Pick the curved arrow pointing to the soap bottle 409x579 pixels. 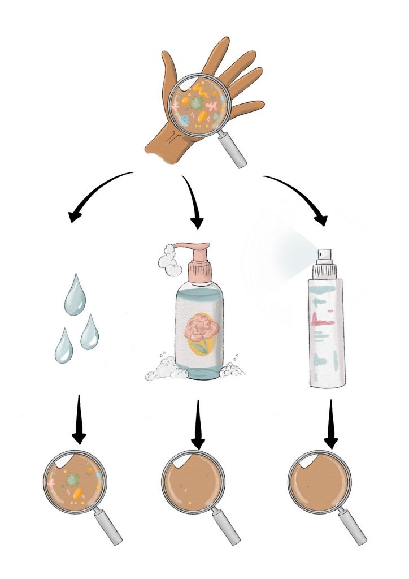[192, 204]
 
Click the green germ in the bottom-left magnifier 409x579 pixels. [72, 480]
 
